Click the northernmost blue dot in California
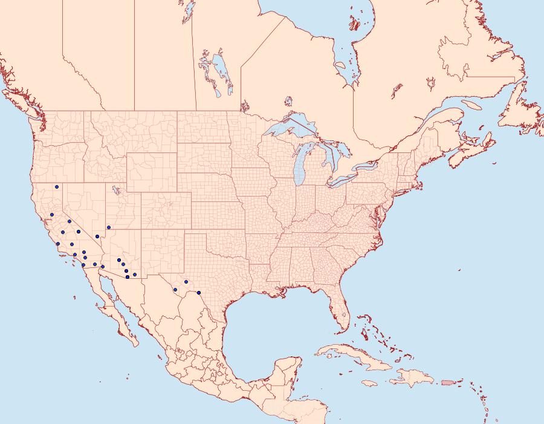tap(55, 187)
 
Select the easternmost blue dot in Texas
tap(199, 293)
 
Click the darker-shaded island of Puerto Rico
tap(448, 382)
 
